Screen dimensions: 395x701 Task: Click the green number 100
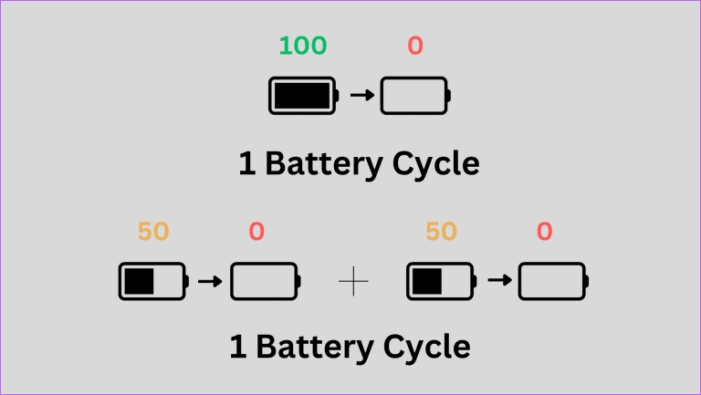coord(302,47)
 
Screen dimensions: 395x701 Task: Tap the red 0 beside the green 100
coord(415,47)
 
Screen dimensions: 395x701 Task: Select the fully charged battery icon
coord(303,96)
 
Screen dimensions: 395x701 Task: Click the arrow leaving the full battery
coord(362,96)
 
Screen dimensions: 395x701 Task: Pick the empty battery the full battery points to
coord(415,96)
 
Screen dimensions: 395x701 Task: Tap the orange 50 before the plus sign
coord(153,232)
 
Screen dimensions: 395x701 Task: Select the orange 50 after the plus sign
coord(441,232)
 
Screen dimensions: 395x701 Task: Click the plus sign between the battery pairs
coord(352,283)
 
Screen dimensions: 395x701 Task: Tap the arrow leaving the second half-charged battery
coord(498,281)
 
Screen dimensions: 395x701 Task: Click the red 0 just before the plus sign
coord(256,232)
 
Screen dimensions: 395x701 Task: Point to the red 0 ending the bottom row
coord(544,232)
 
